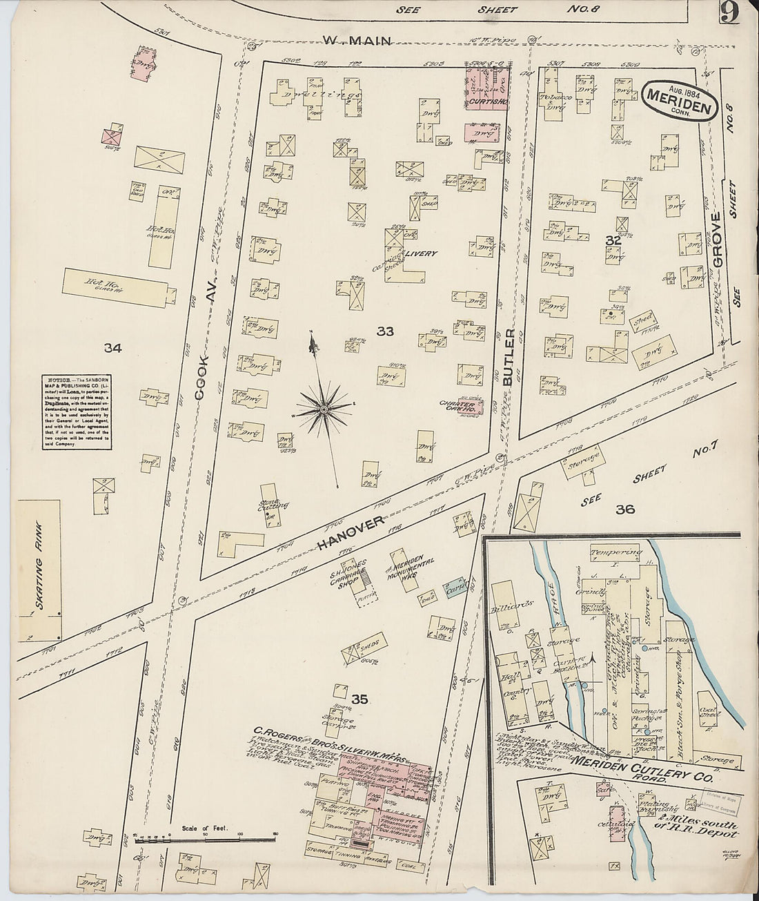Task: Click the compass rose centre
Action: click(x=323, y=410)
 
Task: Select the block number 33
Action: click(x=384, y=332)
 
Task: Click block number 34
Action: click(x=112, y=349)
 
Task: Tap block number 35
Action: click(x=359, y=700)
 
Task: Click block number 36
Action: click(x=625, y=510)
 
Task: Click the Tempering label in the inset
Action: click(x=616, y=552)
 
